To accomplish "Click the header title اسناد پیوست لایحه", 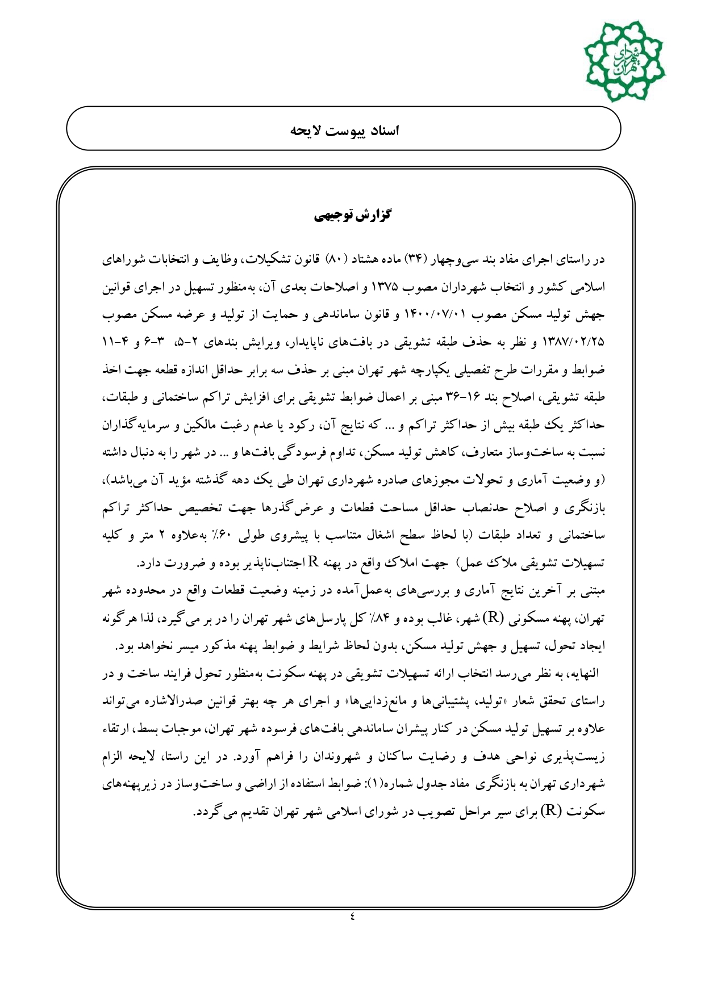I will [x=345, y=131].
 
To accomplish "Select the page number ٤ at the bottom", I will [x=352, y=915].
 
